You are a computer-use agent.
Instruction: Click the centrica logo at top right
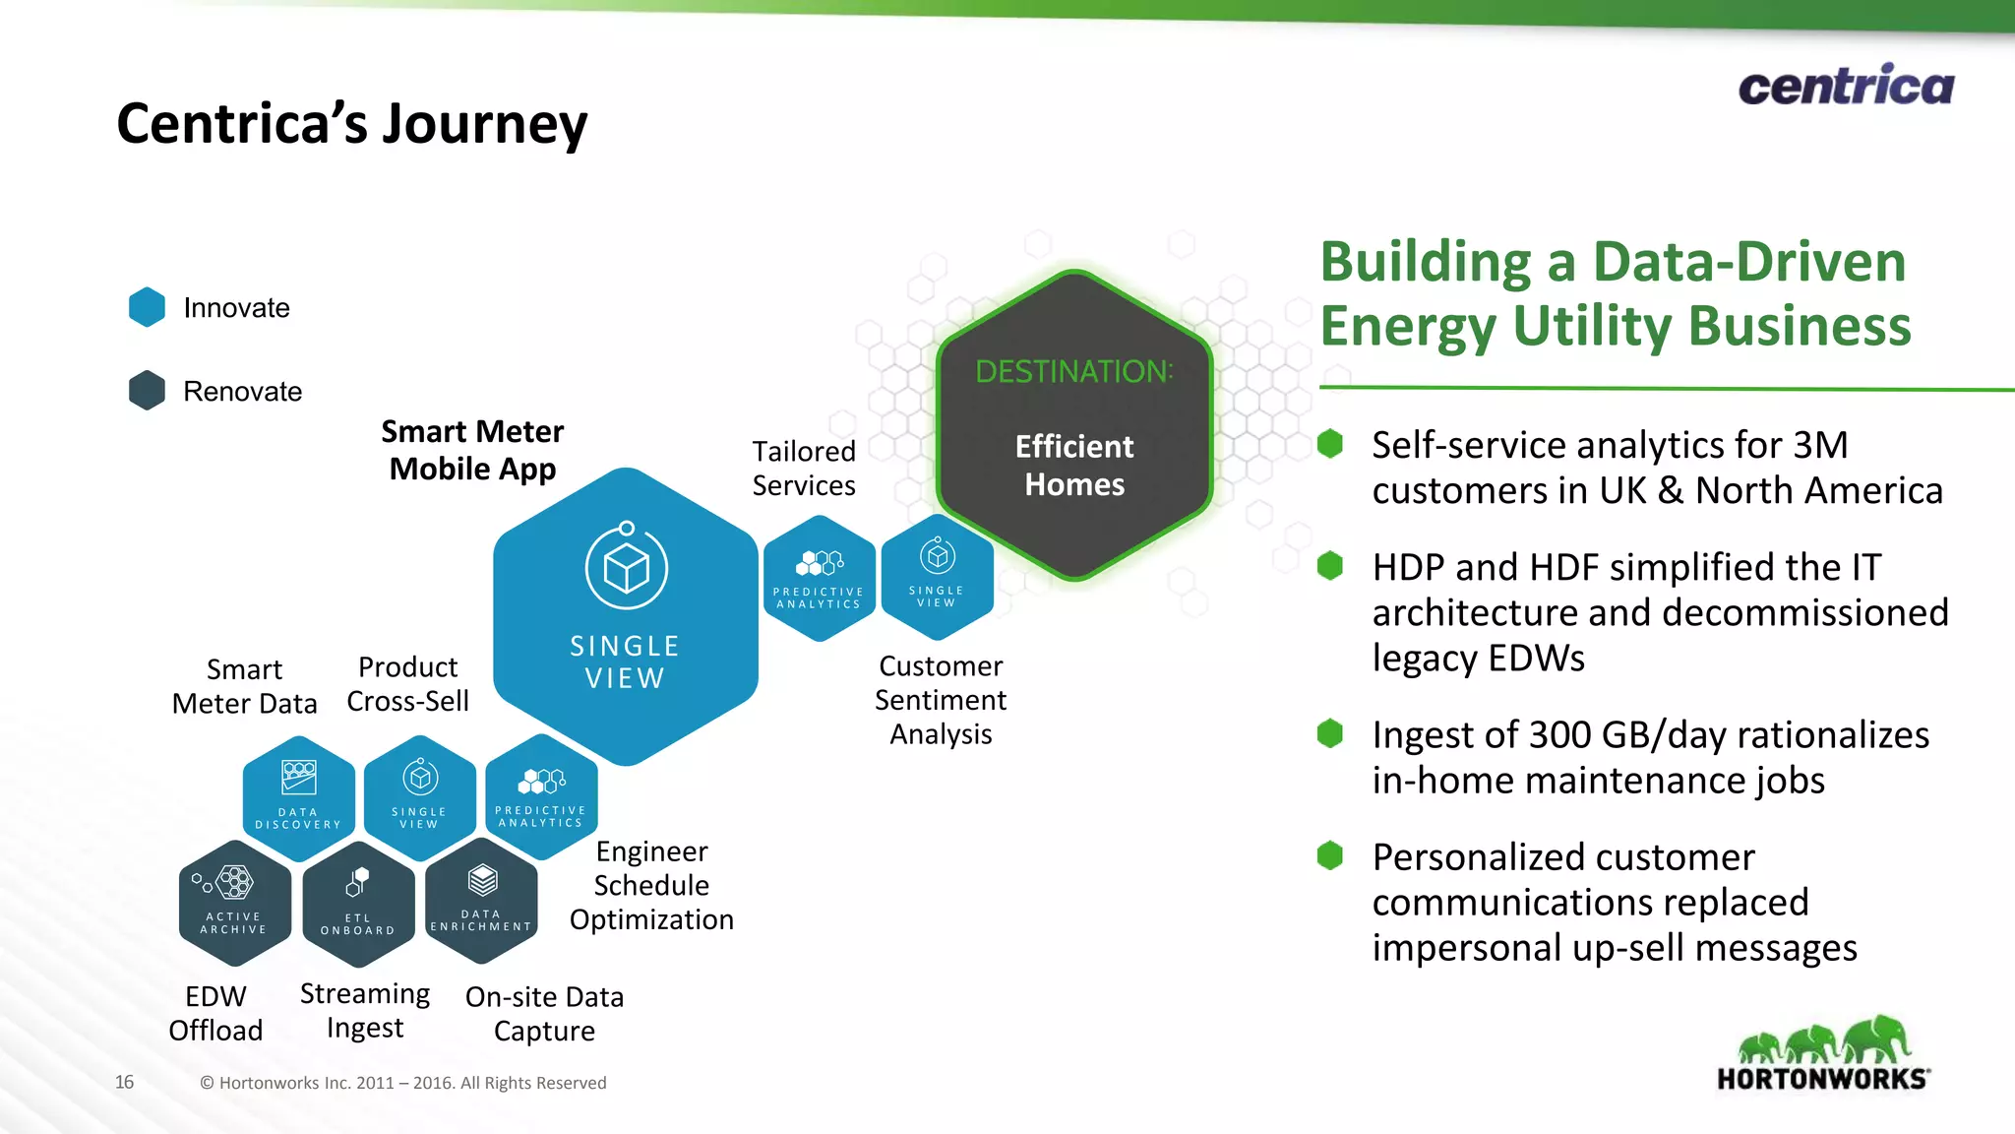coord(1846,86)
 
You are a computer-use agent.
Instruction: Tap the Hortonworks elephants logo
coord(1823,1053)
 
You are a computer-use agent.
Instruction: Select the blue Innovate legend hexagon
coord(148,307)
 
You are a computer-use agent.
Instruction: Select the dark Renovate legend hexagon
coord(148,391)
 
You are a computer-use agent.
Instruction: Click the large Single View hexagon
coord(626,616)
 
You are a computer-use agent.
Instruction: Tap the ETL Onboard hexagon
coord(358,904)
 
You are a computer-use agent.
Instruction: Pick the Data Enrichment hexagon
coord(481,900)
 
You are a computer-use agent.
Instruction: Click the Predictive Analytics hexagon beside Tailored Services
coord(819,579)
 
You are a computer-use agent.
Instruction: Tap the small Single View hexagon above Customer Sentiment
coord(937,577)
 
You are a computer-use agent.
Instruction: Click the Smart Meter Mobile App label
coord(472,450)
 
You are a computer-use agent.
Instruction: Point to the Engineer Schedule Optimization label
coord(651,885)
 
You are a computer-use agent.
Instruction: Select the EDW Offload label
coord(215,1013)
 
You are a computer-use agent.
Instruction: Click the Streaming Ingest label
coord(365,1011)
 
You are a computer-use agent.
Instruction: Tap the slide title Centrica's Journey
coord(351,124)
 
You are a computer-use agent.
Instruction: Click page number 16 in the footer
coord(124,1082)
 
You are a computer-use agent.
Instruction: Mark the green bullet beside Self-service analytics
coord(1330,444)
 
